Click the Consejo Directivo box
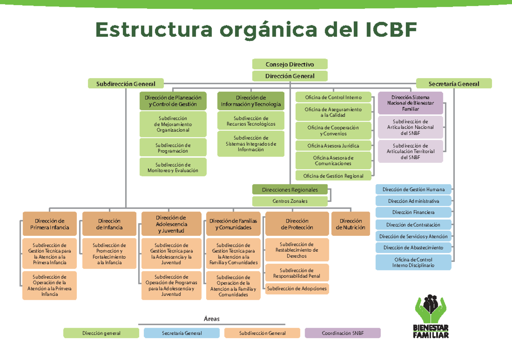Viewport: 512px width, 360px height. coord(290,64)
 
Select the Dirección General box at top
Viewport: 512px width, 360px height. coord(290,76)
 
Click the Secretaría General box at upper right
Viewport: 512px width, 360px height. coord(454,84)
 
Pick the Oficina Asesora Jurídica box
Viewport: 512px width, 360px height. coord(333,146)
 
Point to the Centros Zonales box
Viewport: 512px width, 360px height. coord(290,201)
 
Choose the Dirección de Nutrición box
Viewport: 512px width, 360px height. coord(350,224)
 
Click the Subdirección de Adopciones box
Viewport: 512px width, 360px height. coord(297,289)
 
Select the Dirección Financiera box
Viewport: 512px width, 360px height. coord(413,212)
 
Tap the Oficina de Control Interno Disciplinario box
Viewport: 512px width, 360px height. coord(413,262)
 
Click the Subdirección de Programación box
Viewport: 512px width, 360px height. coord(173,148)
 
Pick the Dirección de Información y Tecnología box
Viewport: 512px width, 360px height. coord(251,101)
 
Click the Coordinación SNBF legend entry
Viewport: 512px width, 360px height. coord(343,333)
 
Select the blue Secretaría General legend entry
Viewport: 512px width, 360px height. coord(182,333)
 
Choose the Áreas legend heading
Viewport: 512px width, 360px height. coord(211,319)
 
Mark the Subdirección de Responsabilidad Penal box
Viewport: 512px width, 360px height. coord(297,273)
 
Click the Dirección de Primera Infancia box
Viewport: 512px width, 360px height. coord(49,224)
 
